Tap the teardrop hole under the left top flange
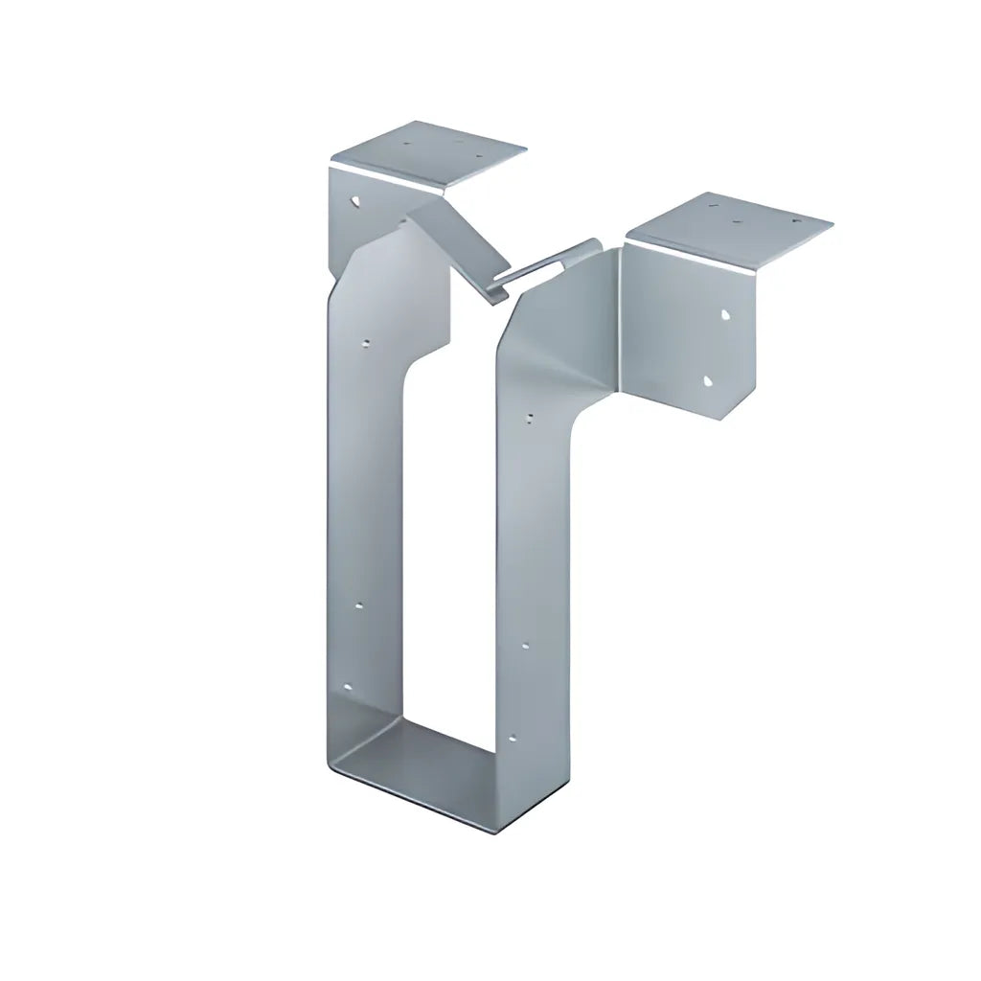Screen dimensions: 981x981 tap(355, 203)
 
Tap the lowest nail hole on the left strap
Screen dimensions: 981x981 tap(347, 688)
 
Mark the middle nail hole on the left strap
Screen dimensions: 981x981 tap(360, 605)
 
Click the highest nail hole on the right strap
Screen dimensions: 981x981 tap(531, 418)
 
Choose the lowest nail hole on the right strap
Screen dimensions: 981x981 tap(513, 738)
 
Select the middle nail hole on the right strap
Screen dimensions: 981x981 tap(525, 647)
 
